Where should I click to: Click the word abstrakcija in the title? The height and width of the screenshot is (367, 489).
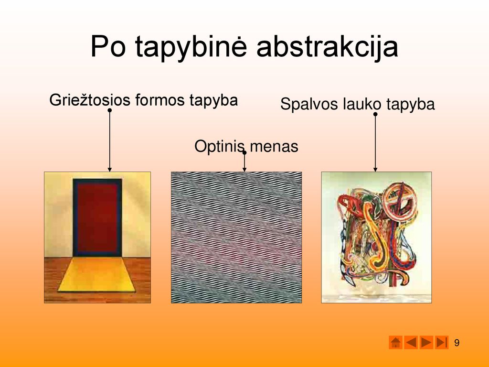pos(327,47)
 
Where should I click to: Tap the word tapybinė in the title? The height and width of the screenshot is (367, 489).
pos(191,47)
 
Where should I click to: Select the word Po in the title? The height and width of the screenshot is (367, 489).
pos(108,46)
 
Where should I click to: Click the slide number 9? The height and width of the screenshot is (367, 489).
pos(457,343)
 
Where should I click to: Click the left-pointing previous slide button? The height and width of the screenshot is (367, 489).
pos(411,342)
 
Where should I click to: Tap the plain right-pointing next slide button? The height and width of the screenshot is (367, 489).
pos(426,342)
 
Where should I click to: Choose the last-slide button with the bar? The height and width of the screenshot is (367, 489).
pos(441,342)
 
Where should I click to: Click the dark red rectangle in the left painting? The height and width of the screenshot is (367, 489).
pos(97,217)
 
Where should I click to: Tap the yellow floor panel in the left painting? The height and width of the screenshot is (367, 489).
pos(96,275)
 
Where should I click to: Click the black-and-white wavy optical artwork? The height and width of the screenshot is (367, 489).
pos(236,237)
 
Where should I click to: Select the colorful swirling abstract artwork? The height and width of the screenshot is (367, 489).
pos(376,237)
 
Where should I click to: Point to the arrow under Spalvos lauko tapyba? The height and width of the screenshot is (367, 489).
pos(375,143)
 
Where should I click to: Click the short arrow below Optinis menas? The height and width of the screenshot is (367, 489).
pos(244,162)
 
